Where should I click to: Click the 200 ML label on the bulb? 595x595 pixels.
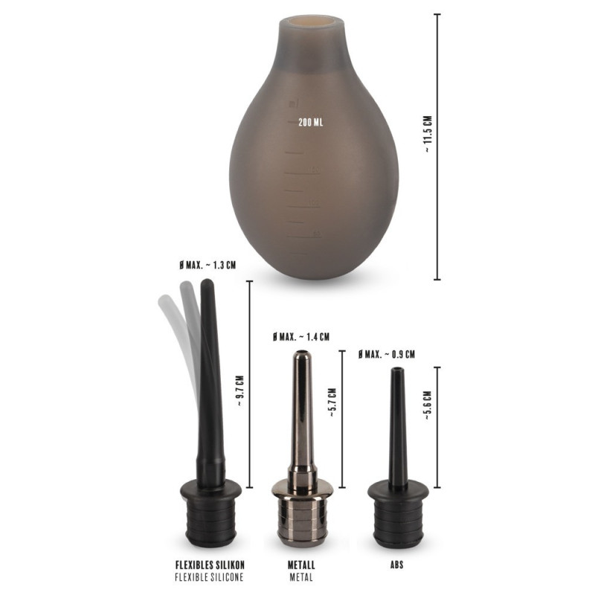coord(310,122)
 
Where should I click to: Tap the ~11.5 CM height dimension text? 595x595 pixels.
coord(428,134)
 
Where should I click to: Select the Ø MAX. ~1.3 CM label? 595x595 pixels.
coord(208,265)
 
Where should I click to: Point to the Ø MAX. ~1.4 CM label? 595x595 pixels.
coord(301,337)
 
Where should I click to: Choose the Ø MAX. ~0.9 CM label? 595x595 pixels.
coord(386,355)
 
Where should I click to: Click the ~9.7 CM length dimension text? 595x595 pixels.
coord(239,391)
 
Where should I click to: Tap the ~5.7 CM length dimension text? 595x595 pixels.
coord(332,402)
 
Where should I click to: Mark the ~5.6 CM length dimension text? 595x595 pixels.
coord(428,405)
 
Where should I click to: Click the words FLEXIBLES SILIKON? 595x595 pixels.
coord(210,565)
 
